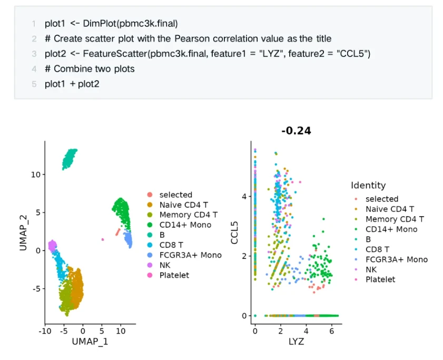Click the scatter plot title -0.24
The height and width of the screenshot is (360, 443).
(x=296, y=131)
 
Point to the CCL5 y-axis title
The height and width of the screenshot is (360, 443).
(x=234, y=227)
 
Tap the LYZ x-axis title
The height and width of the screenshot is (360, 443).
(x=295, y=342)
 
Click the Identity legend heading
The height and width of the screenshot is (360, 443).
(x=368, y=185)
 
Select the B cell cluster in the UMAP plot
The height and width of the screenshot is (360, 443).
(x=69, y=159)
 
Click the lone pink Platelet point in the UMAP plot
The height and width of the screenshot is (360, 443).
(x=103, y=239)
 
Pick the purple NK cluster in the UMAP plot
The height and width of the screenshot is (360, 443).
(x=52, y=245)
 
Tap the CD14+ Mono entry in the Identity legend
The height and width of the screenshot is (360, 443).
(x=391, y=229)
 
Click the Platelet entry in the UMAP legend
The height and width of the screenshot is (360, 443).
(x=174, y=275)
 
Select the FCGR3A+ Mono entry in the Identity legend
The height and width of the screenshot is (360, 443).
(x=396, y=259)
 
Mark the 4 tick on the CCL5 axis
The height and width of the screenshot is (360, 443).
(x=244, y=196)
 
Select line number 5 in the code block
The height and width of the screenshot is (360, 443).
(x=34, y=84)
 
